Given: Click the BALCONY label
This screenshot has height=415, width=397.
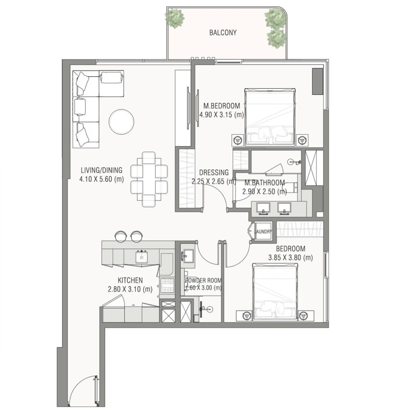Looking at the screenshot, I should tap(223, 33).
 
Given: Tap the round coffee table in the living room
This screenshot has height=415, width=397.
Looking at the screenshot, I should tap(121, 121).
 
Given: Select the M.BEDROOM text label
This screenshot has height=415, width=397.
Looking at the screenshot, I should tap(222, 106).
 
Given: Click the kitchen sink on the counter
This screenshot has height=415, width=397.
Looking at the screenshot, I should tap(142, 256).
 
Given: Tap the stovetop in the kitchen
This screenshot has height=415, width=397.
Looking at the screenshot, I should tap(168, 285).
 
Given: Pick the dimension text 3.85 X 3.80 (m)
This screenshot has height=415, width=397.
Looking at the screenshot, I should tap(290, 258).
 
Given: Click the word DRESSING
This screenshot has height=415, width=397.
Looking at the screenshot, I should tap(214, 172).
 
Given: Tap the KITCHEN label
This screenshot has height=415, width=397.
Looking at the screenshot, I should tap(130, 280).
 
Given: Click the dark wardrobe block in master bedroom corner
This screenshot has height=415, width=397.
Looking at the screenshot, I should tap(317, 81).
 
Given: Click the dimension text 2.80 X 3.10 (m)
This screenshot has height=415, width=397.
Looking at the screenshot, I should tap(130, 289).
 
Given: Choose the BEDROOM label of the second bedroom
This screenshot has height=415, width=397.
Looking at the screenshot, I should tap(291, 249).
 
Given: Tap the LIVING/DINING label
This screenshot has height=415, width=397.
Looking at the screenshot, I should tap(101, 170).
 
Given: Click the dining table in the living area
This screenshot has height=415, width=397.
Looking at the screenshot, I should tap(149, 179).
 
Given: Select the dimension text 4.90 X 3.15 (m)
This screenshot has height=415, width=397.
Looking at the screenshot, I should tap(222, 115).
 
